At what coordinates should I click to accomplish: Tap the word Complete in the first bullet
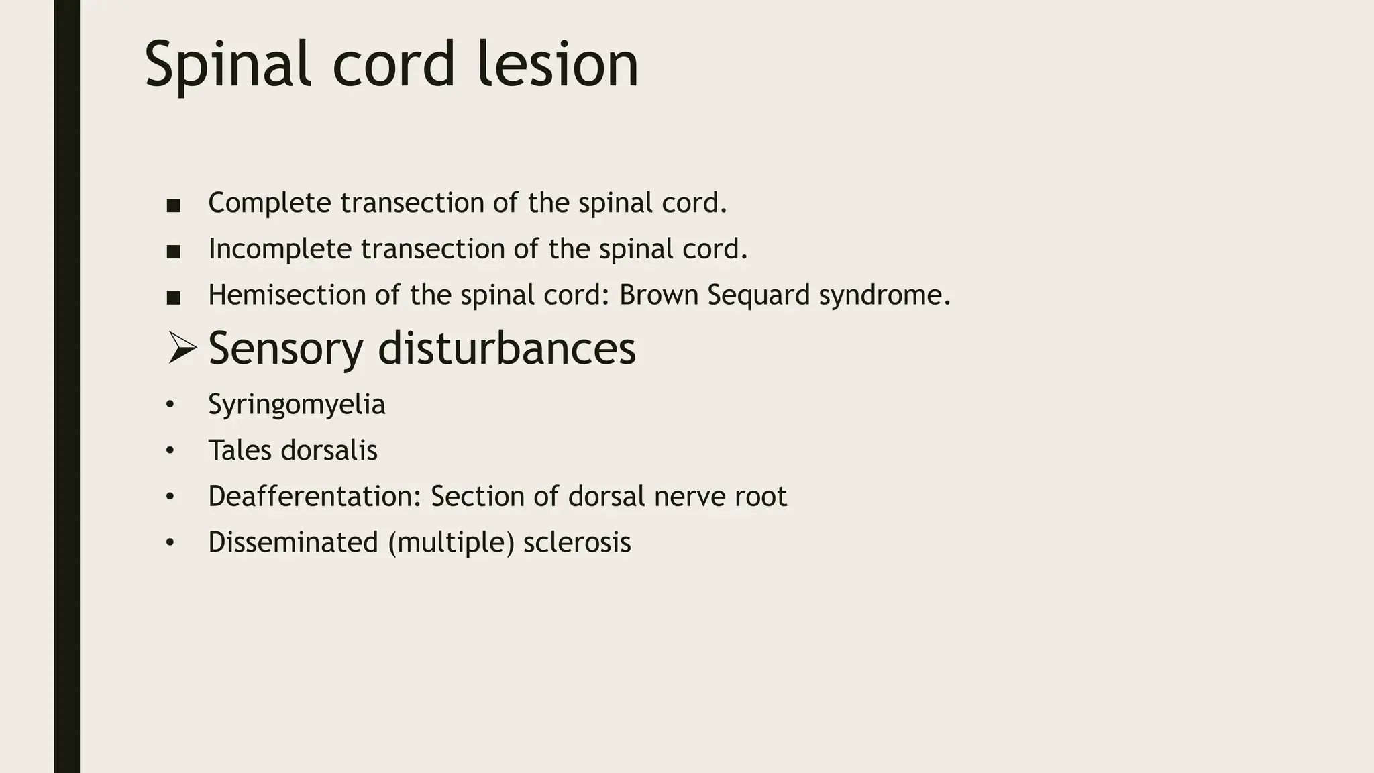point(270,203)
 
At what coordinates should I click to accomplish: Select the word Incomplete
point(280,249)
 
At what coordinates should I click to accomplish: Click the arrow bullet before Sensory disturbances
point(181,348)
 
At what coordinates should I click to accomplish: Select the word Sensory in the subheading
point(286,348)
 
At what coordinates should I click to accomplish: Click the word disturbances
point(507,348)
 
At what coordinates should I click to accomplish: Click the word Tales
point(240,450)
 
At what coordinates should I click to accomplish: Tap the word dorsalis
point(329,450)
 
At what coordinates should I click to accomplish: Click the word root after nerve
point(761,497)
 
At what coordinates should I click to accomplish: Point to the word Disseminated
point(293,542)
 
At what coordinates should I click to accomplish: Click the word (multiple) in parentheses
point(451,543)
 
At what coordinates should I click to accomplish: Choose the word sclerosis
point(577,542)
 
